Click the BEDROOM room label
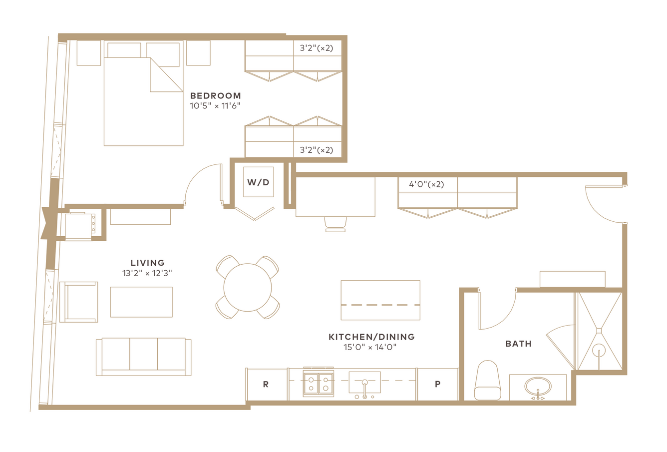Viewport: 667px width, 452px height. (x=216, y=95)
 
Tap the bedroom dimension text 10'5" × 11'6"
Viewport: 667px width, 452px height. (x=215, y=106)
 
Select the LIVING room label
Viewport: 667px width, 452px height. (x=148, y=263)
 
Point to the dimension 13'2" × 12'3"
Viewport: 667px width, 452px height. (x=147, y=273)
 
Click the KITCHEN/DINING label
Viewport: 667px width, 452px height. (x=371, y=337)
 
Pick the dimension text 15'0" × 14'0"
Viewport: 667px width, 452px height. (x=370, y=347)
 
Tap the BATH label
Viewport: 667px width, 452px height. (x=518, y=344)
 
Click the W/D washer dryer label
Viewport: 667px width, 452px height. (x=258, y=182)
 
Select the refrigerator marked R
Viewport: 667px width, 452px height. (x=267, y=385)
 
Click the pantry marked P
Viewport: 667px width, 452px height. (x=437, y=385)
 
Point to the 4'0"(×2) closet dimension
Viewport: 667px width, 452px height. (x=426, y=184)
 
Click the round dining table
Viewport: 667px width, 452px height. (x=248, y=288)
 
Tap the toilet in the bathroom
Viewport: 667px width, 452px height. (x=487, y=380)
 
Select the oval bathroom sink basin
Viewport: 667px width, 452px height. (x=538, y=387)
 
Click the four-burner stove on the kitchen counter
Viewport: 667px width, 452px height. (x=319, y=384)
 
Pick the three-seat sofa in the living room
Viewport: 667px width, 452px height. (x=143, y=357)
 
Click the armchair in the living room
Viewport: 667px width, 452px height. (x=78, y=302)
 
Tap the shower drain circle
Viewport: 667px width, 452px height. (x=599, y=351)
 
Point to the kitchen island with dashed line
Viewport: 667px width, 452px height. (x=380, y=300)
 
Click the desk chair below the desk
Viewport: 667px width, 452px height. (x=335, y=224)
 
